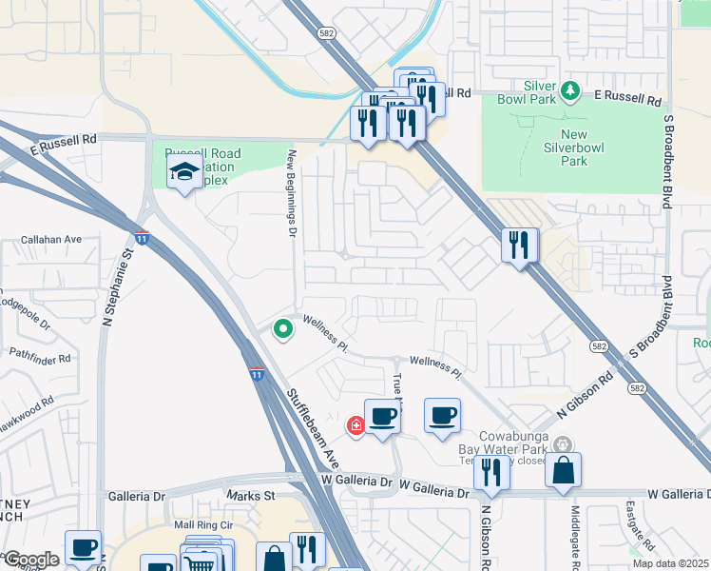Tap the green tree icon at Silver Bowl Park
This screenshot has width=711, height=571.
[x=570, y=91]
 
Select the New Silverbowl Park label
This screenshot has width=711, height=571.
[x=574, y=148]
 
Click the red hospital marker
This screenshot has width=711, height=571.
[x=356, y=425]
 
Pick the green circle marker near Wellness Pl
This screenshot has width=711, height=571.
[x=282, y=329]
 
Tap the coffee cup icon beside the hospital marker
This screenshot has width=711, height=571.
[x=382, y=417]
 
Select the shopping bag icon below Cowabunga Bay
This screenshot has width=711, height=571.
[x=564, y=469]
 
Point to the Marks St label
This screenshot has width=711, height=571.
[x=249, y=496]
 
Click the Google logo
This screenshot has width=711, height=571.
[x=30, y=560]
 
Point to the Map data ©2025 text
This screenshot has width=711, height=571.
[x=671, y=562]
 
